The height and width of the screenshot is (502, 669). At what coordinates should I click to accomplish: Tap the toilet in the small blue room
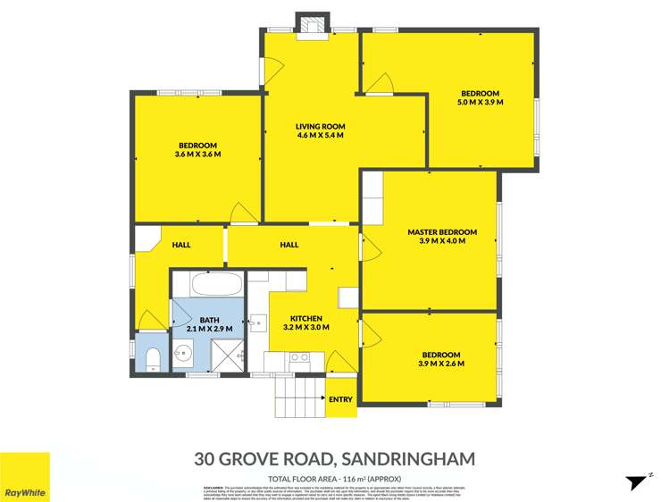(x=152, y=359)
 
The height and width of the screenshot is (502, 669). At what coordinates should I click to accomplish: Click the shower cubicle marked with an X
(x=229, y=356)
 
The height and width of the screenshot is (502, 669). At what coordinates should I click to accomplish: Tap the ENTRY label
(x=340, y=399)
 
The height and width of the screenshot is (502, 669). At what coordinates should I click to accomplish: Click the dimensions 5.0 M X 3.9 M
(x=481, y=103)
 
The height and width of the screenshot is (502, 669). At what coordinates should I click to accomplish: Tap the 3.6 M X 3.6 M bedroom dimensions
(x=197, y=155)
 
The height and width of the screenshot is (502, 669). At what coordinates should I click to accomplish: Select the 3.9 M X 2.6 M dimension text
(x=441, y=364)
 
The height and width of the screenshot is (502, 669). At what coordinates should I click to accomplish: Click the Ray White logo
(x=25, y=477)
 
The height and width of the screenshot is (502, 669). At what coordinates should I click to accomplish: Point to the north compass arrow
(x=637, y=481)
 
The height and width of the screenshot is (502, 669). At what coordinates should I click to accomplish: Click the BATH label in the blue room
(x=209, y=320)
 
